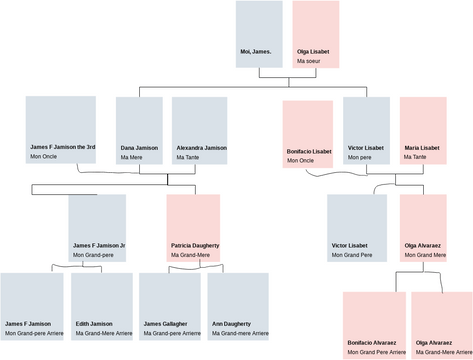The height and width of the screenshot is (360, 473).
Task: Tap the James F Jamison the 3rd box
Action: (60, 130)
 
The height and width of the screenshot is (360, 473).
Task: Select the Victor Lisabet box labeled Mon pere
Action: (366, 130)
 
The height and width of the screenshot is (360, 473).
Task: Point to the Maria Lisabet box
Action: (423, 130)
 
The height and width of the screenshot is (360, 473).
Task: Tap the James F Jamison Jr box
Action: (97, 227)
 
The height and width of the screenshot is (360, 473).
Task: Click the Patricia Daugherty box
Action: (193, 227)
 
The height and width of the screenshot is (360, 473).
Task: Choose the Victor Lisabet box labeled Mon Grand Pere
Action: (357, 227)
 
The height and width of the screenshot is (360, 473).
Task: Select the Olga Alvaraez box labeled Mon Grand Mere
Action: (423, 227)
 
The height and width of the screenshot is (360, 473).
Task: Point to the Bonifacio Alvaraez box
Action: (375, 325)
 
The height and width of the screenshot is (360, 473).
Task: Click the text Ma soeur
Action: (309, 61)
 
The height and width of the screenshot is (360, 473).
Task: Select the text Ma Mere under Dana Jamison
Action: (132, 157)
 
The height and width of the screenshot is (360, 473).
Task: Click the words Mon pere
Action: (360, 157)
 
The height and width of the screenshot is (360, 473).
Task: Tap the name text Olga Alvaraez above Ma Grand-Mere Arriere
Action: (433, 343)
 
